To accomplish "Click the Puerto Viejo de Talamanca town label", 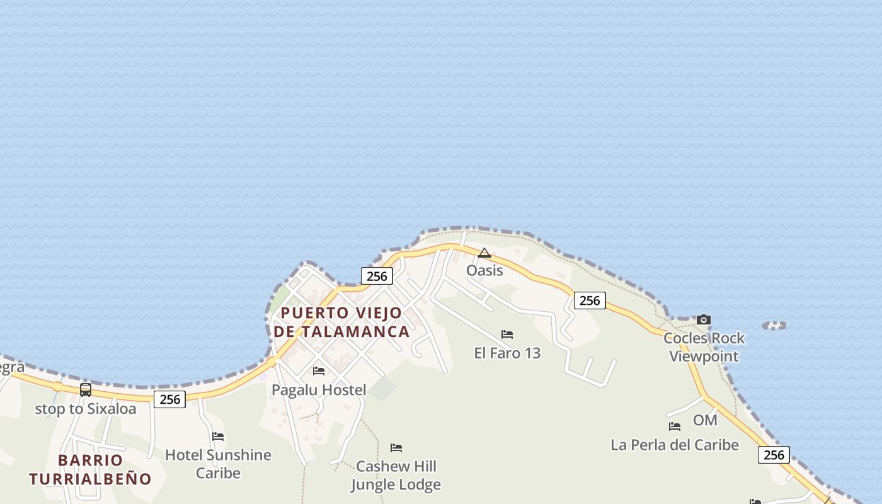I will [341, 322].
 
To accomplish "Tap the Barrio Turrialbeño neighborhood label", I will [90, 469].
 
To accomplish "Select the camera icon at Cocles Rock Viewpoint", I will [704, 320].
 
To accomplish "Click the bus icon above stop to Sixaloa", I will [86, 390].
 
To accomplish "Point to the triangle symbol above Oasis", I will [484, 253].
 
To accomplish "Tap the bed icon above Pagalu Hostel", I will [319, 371].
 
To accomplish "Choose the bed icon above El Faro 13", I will [507, 335].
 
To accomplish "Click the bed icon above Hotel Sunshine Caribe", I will [218, 436].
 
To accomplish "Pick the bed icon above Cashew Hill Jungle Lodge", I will [396, 448].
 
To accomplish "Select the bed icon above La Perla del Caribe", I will [675, 427].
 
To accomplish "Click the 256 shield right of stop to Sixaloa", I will [169, 399].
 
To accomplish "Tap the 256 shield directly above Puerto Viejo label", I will [377, 276].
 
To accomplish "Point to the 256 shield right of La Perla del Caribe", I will [774, 455].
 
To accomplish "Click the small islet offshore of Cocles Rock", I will [774, 326].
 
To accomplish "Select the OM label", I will [705, 420].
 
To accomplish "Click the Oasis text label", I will [484, 270].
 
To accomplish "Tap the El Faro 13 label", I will [507, 353].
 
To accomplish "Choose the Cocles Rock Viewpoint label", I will [704, 347].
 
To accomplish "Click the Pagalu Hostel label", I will [319, 390].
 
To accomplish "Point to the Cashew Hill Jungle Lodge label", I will [396, 476].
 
